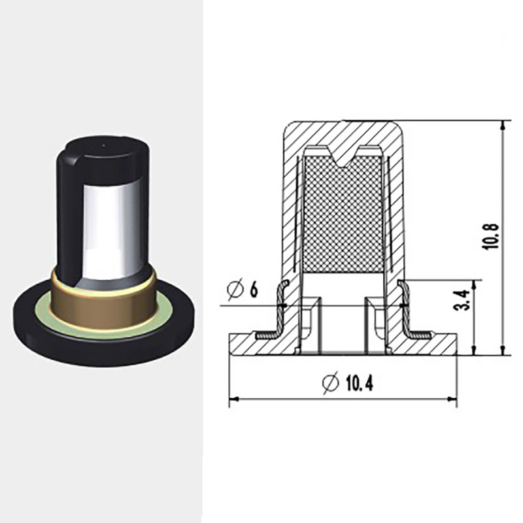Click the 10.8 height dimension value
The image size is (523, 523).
pyautogui.click(x=490, y=236)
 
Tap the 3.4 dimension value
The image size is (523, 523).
pyautogui.click(x=463, y=300)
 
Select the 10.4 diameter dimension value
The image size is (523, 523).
pyautogui.click(x=359, y=383)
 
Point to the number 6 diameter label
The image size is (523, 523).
pyautogui.click(x=254, y=290)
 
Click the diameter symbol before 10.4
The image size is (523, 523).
pyautogui.click(x=331, y=382)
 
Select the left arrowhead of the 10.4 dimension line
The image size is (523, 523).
pyautogui.click(x=234, y=398)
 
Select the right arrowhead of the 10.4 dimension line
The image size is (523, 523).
pyautogui.click(x=452, y=398)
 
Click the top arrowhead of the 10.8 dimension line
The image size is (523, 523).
pyautogui.click(x=503, y=125)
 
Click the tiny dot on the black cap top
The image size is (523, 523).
pyautogui.click(x=103, y=145)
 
